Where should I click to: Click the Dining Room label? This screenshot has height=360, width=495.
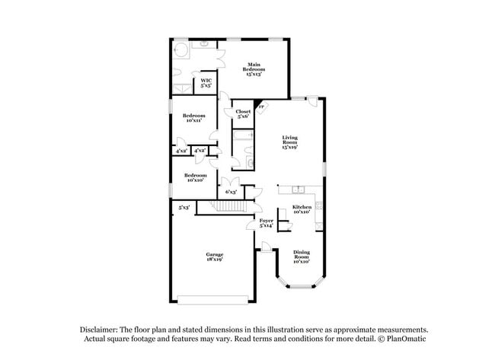pos(302,256)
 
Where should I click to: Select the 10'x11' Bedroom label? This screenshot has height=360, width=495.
pos(193,118)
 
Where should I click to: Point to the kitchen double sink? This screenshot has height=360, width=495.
pos(295,189)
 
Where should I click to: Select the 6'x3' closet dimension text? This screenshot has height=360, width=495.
pos(230,192)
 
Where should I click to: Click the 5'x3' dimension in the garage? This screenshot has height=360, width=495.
pos(184,207)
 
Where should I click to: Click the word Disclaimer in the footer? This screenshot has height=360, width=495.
pos(104,330)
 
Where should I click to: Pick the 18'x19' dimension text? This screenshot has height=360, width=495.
pos(213,260)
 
